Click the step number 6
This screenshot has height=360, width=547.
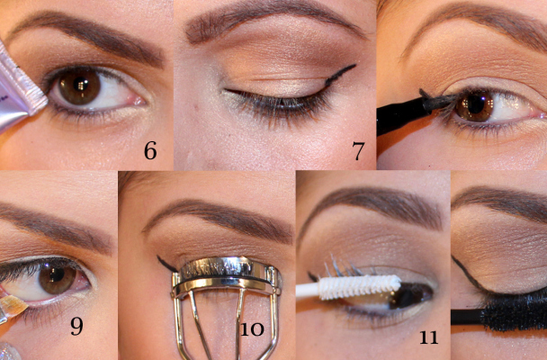pyautogui.click(x=149, y=150)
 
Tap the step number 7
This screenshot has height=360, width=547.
pyautogui.click(x=358, y=151)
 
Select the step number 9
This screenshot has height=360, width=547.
pyautogui.click(x=77, y=326)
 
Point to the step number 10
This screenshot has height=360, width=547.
pyautogui.click(x=251, y=328)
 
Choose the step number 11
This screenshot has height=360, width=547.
pyautogui.click(x=428, y=337)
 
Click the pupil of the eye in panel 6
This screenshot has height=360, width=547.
pyautogui.click(x=79, y=86)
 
